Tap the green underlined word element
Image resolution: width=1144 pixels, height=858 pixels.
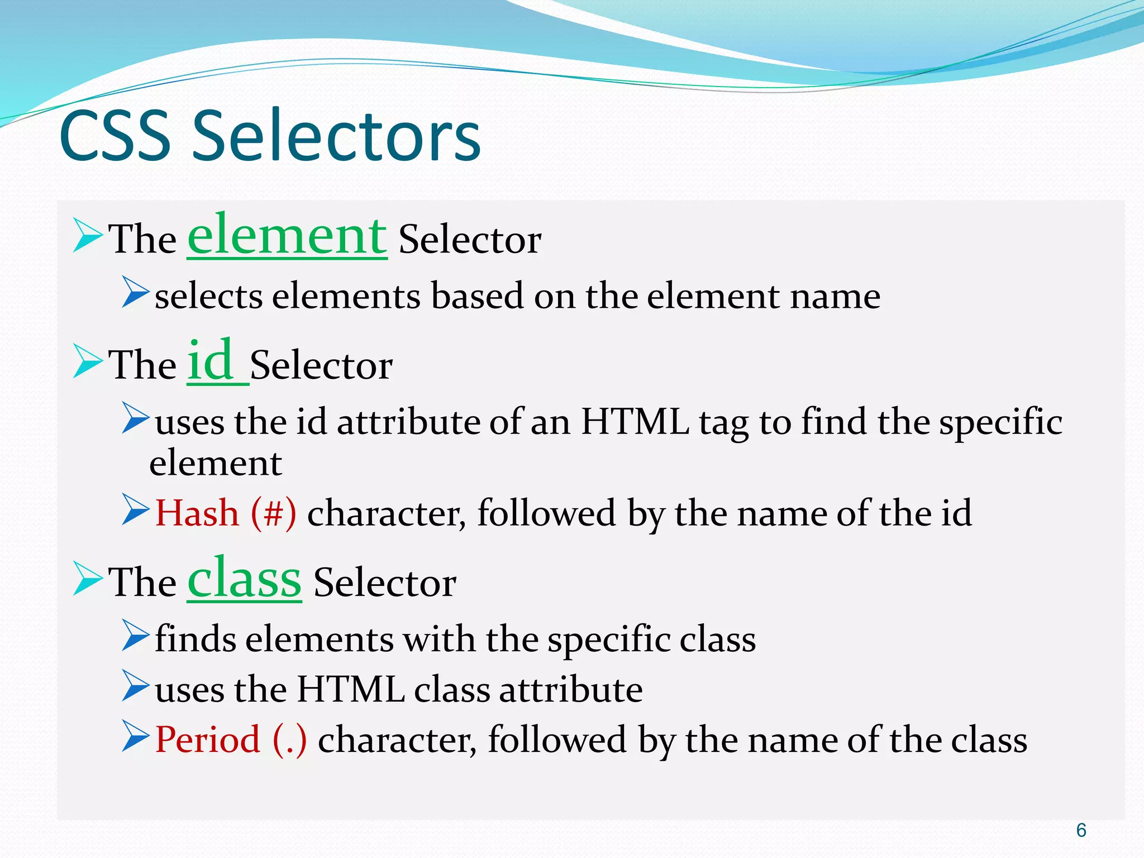click(287, 236)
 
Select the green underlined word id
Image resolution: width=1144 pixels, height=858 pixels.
click(210, 361)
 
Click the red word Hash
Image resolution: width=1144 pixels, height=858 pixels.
click(197, 513)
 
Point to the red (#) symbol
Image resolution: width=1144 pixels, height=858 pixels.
click(274, 513)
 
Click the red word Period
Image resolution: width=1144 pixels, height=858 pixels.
click(207, 740)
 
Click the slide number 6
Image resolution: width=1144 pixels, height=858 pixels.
click(1081, 831)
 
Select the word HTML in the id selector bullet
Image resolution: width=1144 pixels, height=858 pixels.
click(635, 421)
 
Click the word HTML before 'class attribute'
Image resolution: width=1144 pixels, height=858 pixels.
click(350, 689)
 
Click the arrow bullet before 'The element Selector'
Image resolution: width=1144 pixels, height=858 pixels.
click(87, 237)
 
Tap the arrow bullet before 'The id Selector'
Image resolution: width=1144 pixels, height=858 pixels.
click(87, 362)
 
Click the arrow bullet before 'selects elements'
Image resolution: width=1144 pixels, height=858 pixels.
click(135, 292)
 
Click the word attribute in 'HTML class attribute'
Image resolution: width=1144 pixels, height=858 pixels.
click(570, 689)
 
